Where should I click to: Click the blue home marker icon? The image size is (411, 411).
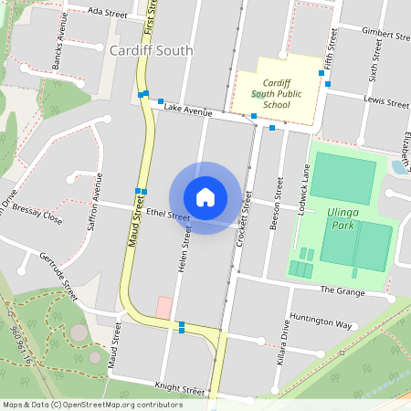[x=205, y=197]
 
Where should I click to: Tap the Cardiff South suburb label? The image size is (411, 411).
[x=151, y=51]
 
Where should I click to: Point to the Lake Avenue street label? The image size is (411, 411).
[x=187, y=110]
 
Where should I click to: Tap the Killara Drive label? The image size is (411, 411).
[x=283, y=348]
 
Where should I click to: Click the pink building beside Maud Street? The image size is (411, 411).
[x=163, y=307]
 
